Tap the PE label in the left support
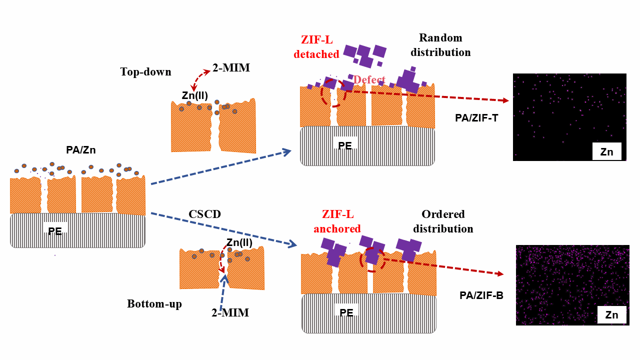point(55,231)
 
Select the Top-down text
point(145,72)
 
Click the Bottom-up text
point(154,304)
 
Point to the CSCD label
point(204,214)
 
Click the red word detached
point(316,54)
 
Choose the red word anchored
point(337,229)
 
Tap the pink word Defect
point(369,80)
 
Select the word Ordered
point(443,214)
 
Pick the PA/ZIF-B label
point(481,295)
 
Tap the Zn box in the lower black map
point(611,315)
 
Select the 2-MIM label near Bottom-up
point(230,313)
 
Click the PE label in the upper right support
point(345,146)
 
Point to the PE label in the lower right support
point(346,313)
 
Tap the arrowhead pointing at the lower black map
point(500,273)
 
